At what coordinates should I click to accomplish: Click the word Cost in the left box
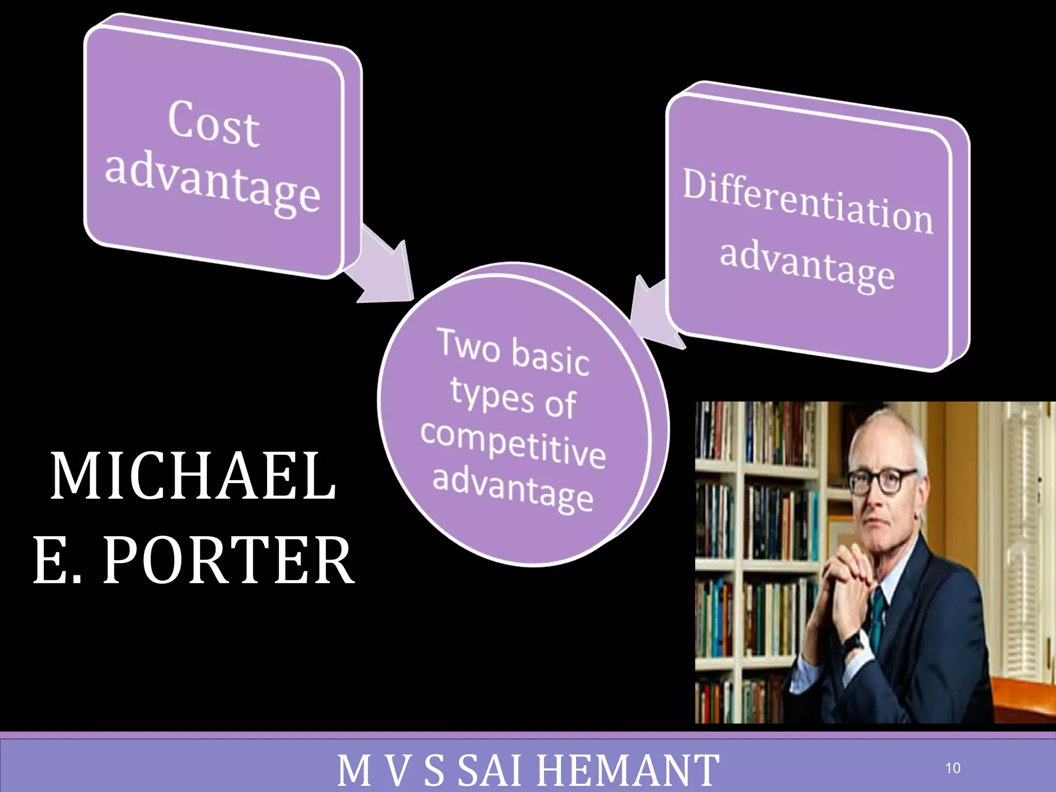tap(213, 124)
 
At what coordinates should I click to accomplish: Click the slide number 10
tap(952, 768)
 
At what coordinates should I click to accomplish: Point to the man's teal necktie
tap(877, 614)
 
